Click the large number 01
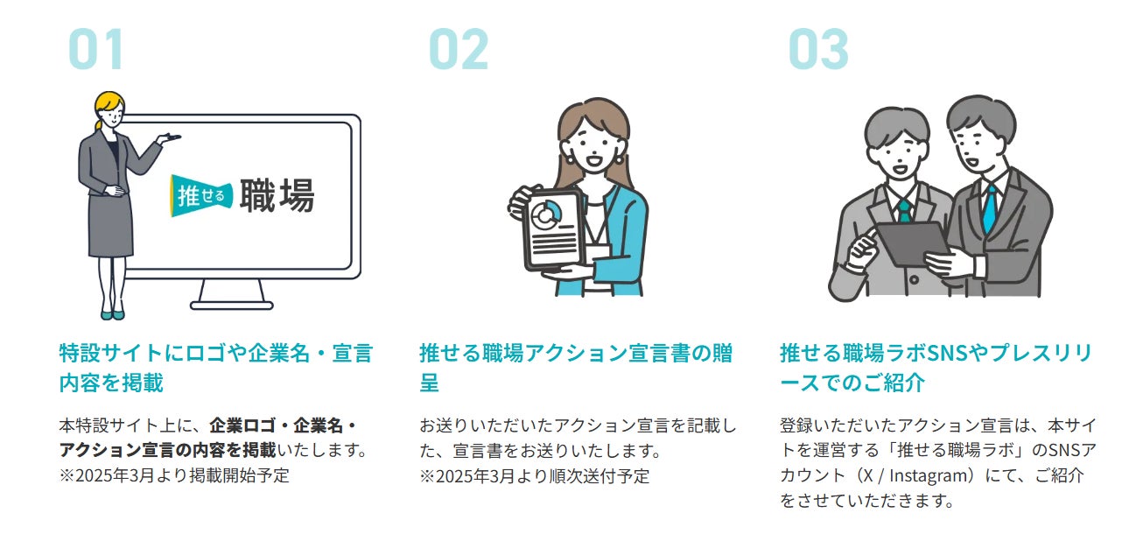[96, 49]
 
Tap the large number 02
[458, 49]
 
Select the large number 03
[818, 49]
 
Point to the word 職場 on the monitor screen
[276, 195]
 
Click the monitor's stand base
[232, 304]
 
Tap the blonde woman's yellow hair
[109, 107]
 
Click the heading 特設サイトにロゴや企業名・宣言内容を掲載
[215, 368]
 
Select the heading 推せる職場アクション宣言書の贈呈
[576, 368]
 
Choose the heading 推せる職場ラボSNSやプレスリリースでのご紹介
[936, 368]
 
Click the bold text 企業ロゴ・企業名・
[283, 426]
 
